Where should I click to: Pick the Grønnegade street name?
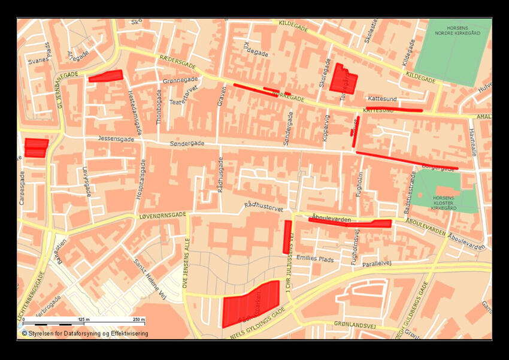[x=180, y=80]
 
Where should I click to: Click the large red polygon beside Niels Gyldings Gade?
[x=250, y=304]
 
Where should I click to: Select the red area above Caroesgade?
[x=37, y=147]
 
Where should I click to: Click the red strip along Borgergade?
[x=407, y=160]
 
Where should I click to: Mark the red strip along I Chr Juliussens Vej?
[x=287, y=237]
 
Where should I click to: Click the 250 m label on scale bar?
[x=138, y=320]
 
